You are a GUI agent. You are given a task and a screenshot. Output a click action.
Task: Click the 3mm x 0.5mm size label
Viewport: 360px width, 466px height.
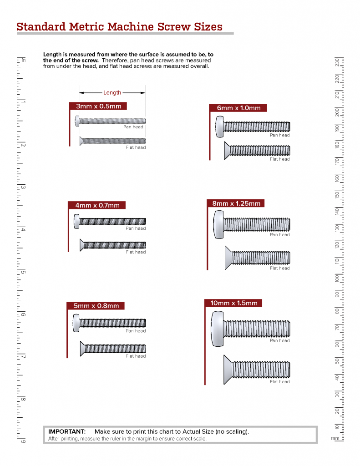pos(98,106)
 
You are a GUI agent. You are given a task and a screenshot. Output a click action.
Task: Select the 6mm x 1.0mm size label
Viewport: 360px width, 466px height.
pos(238,108)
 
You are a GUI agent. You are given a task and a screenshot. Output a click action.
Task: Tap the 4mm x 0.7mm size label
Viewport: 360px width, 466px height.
pos(97,205)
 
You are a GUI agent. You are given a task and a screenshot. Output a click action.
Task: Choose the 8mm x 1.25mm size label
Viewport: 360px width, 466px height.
pos(236,203)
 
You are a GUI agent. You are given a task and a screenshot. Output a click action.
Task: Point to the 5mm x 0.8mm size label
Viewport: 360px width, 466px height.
pos(96,306)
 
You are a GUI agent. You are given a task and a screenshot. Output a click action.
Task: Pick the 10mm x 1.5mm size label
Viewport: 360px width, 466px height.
pos(233,303)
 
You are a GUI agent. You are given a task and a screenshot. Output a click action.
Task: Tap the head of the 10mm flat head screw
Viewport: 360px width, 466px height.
pos(227,370)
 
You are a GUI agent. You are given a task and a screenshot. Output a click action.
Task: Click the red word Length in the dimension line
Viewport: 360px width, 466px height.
pos(112,93)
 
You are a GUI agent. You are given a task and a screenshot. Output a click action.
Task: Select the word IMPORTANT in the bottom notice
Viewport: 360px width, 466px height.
pos(67,431)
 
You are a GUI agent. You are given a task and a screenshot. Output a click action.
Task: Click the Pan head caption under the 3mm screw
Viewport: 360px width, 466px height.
pos(133,127)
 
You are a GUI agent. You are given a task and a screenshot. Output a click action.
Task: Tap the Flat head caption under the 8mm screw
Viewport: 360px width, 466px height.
pos(279,268)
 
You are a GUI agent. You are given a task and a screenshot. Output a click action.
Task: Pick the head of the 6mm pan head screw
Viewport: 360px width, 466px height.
pos(219,127)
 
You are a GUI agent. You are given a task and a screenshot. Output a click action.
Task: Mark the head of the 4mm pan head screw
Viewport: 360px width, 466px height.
pos(76,222)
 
